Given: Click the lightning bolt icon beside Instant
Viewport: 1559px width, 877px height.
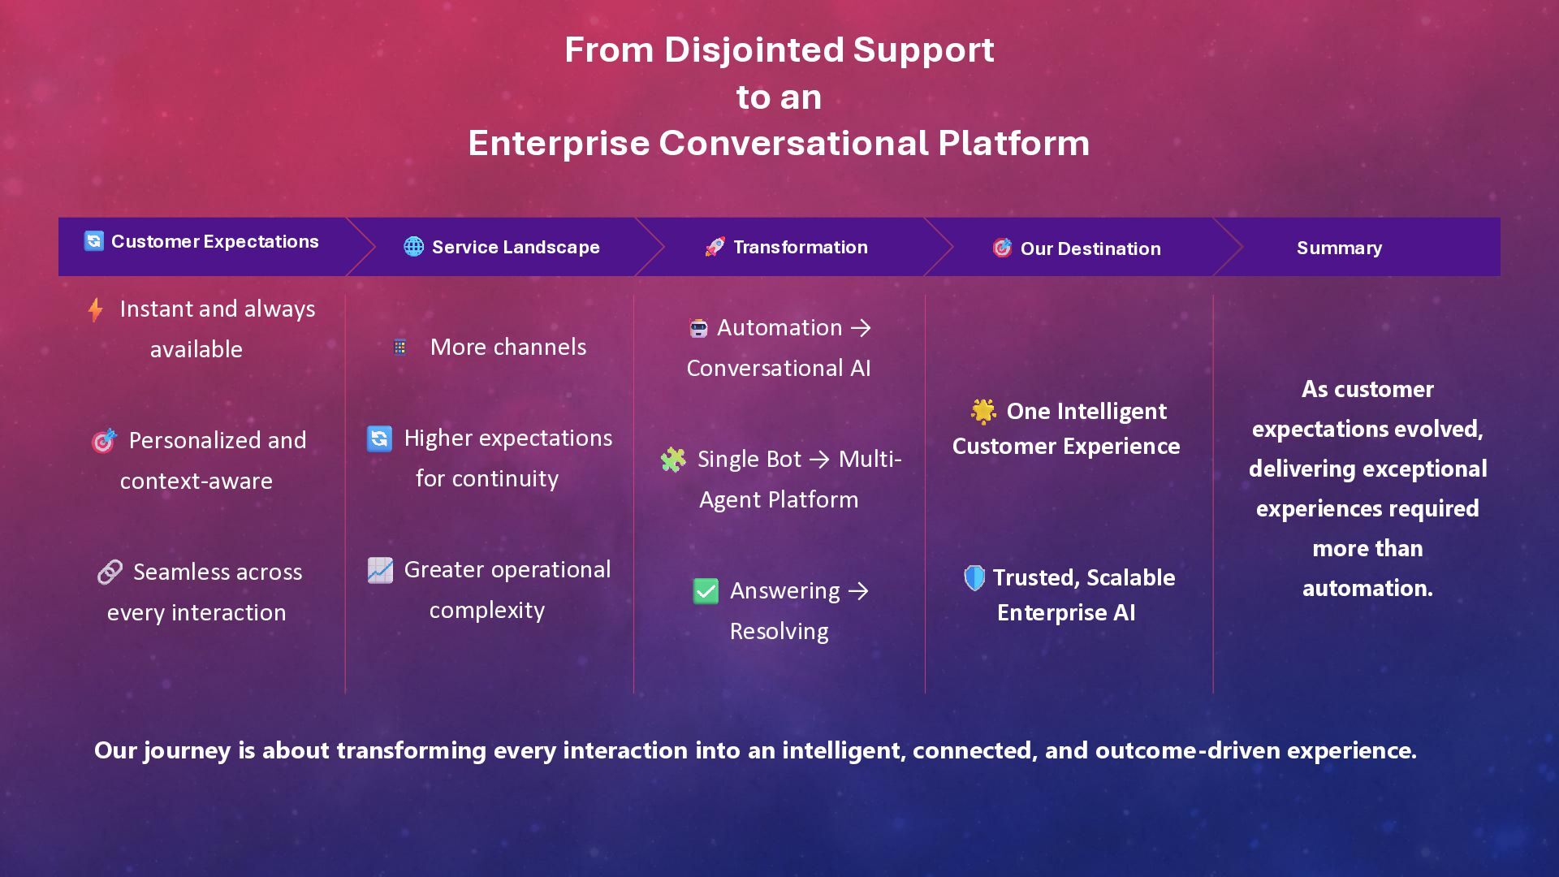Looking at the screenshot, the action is pos(95,309).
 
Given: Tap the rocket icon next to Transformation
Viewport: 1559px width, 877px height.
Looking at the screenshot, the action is pos(715,247).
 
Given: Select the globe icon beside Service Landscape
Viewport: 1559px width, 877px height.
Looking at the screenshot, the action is pos(414,246).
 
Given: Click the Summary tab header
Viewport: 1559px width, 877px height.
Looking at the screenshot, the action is pos(1339,248).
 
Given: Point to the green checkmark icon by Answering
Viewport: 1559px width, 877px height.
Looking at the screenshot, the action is pos(706,590).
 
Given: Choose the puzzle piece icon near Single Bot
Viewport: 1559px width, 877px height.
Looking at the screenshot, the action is pos(673,460).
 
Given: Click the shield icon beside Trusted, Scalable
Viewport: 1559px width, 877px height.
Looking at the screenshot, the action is pos(974,577).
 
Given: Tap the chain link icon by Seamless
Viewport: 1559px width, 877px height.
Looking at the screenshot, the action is pos(110,572).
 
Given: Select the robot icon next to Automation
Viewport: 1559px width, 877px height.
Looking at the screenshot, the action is pos(698,328).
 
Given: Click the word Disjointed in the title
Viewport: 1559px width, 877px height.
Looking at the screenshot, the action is pos(754,50).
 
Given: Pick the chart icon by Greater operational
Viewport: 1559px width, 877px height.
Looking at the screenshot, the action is pos(380,570).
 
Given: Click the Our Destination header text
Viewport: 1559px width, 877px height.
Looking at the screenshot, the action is pos(1090,248).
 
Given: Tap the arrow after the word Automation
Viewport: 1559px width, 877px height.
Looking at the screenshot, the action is pos(861,328).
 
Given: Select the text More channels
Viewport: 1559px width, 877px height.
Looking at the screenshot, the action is pos(508,347).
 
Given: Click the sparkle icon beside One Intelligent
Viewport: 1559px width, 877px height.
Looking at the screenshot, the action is pos(983,412).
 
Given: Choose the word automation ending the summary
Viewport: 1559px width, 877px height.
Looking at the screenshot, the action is pos(1367,588).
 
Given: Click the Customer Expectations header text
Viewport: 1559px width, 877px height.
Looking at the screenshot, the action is pos(214,241).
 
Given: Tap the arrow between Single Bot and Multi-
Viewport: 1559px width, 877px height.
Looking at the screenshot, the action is pos(820,460).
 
